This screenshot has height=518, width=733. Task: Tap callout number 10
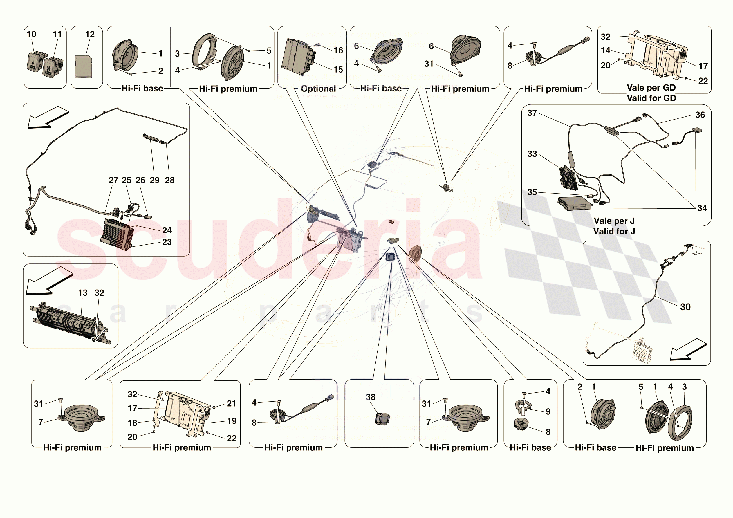31,34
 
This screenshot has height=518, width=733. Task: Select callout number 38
370,397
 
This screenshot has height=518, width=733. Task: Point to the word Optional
318,89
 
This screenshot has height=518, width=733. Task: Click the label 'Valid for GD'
651,98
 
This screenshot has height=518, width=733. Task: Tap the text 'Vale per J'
614,221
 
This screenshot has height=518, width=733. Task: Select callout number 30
685,307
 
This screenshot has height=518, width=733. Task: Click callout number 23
167,242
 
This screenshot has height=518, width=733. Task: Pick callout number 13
83,293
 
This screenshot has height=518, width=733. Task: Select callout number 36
700,115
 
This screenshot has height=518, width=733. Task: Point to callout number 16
338,50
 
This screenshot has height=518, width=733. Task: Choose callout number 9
548,412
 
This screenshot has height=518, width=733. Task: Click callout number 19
232,421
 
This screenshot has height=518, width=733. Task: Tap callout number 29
154,180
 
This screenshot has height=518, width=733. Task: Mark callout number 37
532,113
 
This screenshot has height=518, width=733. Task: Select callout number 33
532,154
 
